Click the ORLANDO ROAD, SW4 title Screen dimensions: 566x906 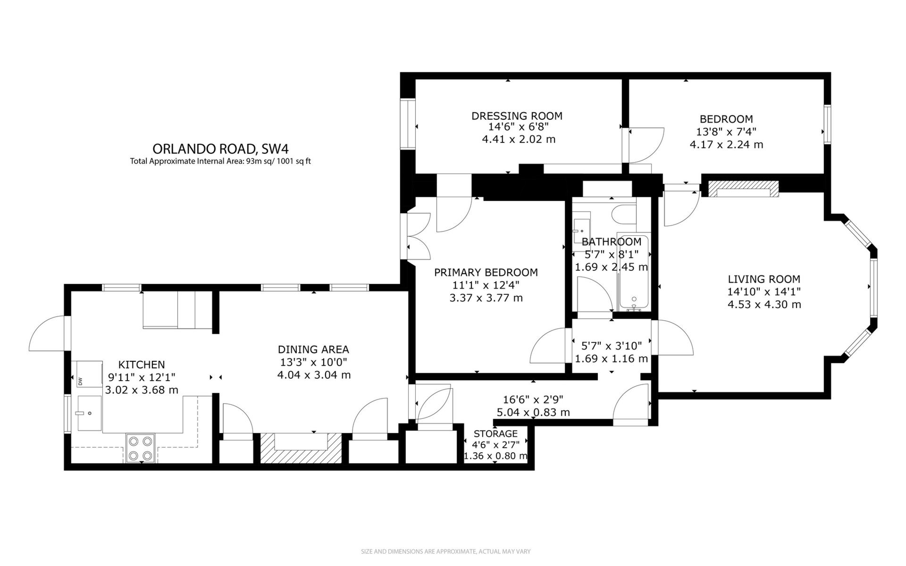(220, 149)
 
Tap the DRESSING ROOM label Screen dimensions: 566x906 (517, 116)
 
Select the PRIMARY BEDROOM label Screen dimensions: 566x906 (486, 273)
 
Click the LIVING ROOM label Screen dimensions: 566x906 (763, 279)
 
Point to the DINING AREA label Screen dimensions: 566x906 (313, 350)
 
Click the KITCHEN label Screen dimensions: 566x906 (141, 365)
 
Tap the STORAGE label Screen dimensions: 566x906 (495, 434)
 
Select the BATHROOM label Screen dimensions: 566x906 (611, 242)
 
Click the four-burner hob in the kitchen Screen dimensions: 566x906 (141, 448)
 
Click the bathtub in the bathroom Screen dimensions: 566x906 (633, 274)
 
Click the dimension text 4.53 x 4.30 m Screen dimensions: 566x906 (764, 305)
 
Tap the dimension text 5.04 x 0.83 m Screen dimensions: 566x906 (533, 413)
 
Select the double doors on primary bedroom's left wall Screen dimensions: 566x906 (417, 236)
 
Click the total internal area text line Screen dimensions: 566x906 (220, 161)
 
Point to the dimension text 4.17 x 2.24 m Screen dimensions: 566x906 (726, 145)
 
